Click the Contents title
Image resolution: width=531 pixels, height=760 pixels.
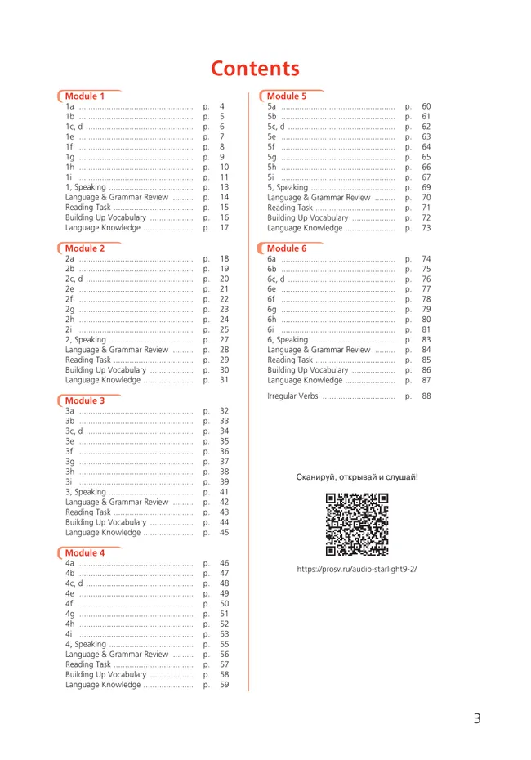[255, 69]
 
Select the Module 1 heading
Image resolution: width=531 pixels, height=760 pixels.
[85, 96]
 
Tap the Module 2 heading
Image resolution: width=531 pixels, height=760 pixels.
[85, 248]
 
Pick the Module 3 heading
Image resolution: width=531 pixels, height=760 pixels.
[85, 400]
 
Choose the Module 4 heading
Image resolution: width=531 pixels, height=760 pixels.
[85, 552]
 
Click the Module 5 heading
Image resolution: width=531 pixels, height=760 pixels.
[287, 96]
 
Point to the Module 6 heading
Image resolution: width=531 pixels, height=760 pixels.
[287, 248]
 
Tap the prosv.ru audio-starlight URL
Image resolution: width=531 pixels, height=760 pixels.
[357, 569]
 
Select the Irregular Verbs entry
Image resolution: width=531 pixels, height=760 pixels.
[292, 396]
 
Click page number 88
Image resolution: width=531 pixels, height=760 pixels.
[426, 396]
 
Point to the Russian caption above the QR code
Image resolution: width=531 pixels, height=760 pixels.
[357, 476]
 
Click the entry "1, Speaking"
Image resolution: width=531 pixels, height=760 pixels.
[86, 187]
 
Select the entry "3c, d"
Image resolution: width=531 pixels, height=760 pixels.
[74, 431]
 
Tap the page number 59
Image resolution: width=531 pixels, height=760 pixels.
[224, 685]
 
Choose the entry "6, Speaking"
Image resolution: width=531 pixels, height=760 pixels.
[288, 340]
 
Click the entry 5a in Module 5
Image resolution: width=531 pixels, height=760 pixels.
[272, 107]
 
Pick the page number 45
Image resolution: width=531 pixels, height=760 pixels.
[224, 533]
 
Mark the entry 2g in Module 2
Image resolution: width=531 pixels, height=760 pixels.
[70, 309]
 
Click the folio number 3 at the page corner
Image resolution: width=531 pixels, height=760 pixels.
[476, 719]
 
